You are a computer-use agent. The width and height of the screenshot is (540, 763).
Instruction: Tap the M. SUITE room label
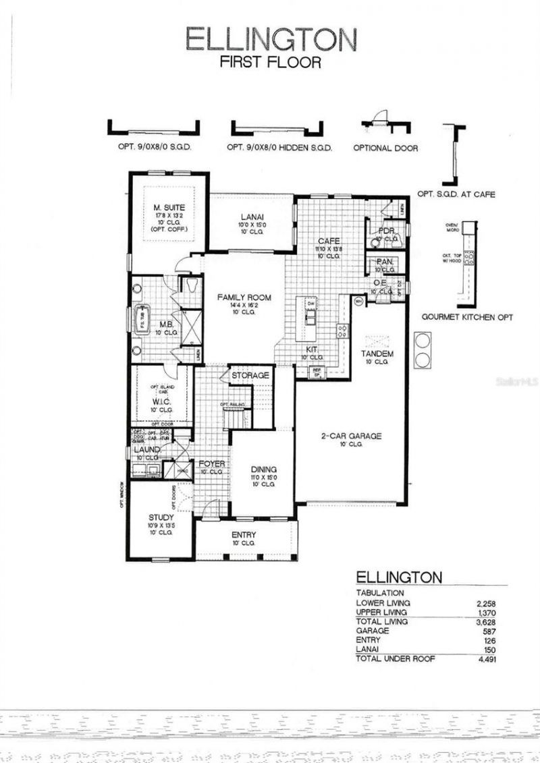pos(169,207)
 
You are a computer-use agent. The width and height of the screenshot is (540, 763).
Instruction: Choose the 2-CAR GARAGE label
pos(351,436)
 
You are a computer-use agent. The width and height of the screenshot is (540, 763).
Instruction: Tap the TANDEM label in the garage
pos(377,354)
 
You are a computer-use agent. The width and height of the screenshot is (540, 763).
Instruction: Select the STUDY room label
pos(161,517)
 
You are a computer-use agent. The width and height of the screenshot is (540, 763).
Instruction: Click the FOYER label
pos(211,464)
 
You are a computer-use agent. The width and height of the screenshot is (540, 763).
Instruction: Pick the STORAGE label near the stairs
pos(250,375)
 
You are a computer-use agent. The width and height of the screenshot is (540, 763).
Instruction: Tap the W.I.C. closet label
pos(161,401)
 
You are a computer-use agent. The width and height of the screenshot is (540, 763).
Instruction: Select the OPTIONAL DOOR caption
pos(385,148)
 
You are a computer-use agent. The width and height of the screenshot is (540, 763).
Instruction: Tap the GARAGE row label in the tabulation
pos(372,631)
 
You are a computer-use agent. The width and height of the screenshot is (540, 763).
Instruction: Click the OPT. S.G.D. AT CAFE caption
pos(456,194)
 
